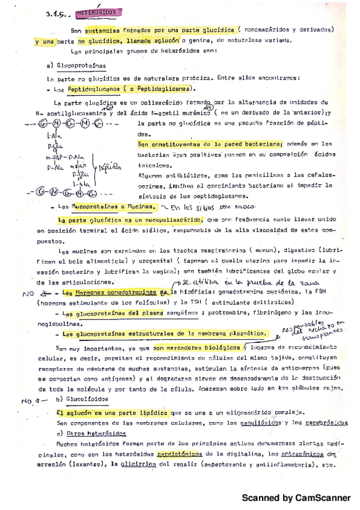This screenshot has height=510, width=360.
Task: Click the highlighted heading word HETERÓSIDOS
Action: click(x=98, y=12)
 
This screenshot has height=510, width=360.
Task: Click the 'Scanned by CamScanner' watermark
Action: click(x=296, y=497)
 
